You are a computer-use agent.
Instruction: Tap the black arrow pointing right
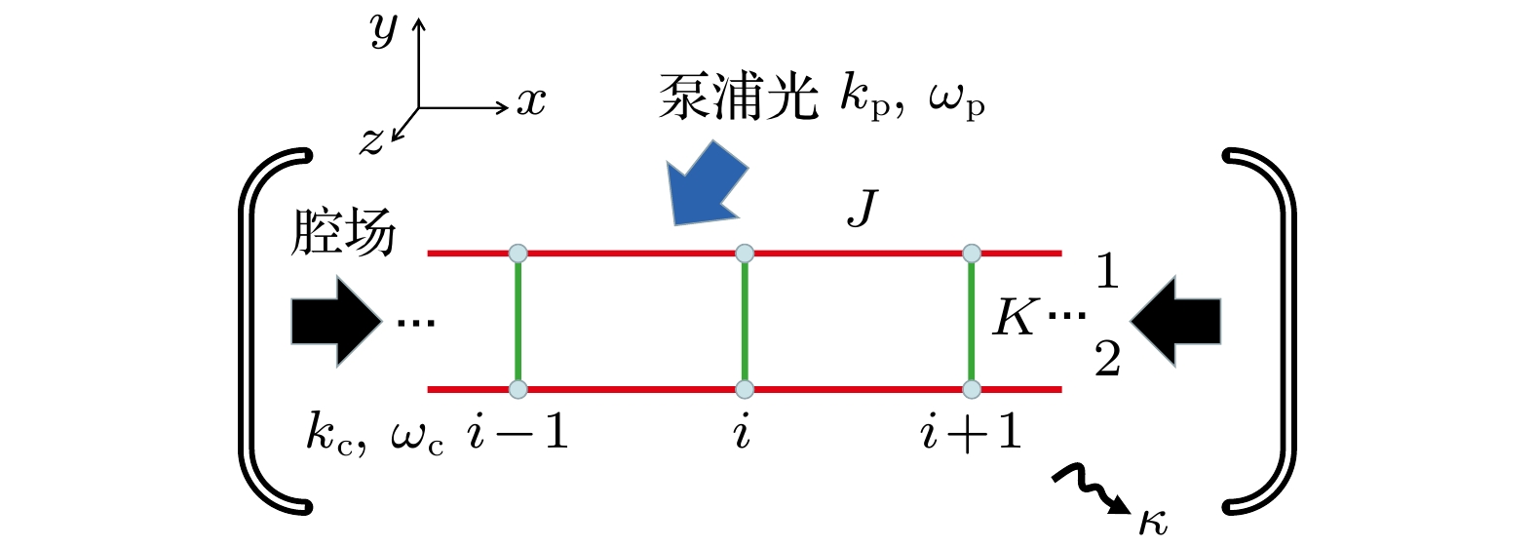pyautogui.click(x=336, y=321)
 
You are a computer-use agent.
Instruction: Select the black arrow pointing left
pyautogui.click(x=1175, y=321)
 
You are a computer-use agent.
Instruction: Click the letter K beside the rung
pyautogui.click(x=1014, y=317)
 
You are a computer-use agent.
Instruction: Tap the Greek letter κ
pyautogui.click(x=1153, y=524)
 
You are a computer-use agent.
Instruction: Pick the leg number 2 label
pyautogui.click(x=1107, y=358)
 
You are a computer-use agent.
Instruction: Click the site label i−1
pyautogui.click(x=518, y=433)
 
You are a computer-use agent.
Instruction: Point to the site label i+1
pyautogui.click(x=971, y=433)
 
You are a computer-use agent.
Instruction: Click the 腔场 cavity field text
pyautogui.click(x=343, y=232)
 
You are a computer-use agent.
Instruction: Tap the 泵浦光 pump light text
pyautogui.click(x=738, y=98)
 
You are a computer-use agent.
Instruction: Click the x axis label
pyautogui.click(x=531, y=102)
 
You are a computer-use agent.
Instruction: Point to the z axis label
pyautogui.click(x=372, y=141)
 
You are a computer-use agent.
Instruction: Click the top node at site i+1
pyautogui.click(x=972, y=254)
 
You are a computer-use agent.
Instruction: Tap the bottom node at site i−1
pyautogui.click(x=518, y=390)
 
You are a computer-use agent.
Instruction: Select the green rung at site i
pyautogui.click(x=745, y=322)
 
